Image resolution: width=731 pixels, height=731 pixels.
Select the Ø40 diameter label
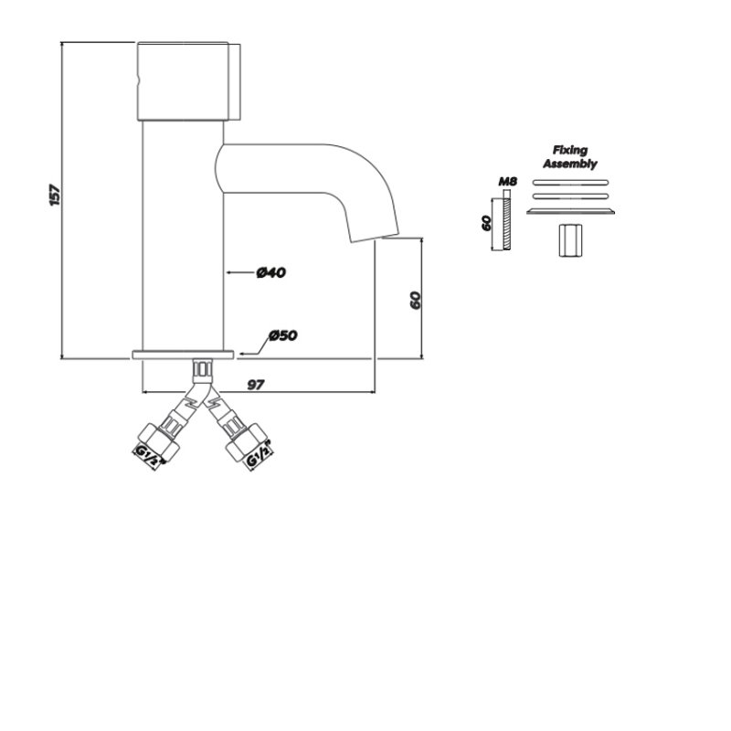(x=271, y=272)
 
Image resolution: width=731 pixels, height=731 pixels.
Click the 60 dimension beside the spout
(x=414, y=300)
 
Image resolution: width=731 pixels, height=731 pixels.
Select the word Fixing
(x=570, y=150)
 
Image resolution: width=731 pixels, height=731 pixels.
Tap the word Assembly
(x=570, y=164)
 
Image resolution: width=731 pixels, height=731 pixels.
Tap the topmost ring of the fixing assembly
(x=569, y=183)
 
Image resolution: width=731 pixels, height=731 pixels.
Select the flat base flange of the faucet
(x=184, y=354)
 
